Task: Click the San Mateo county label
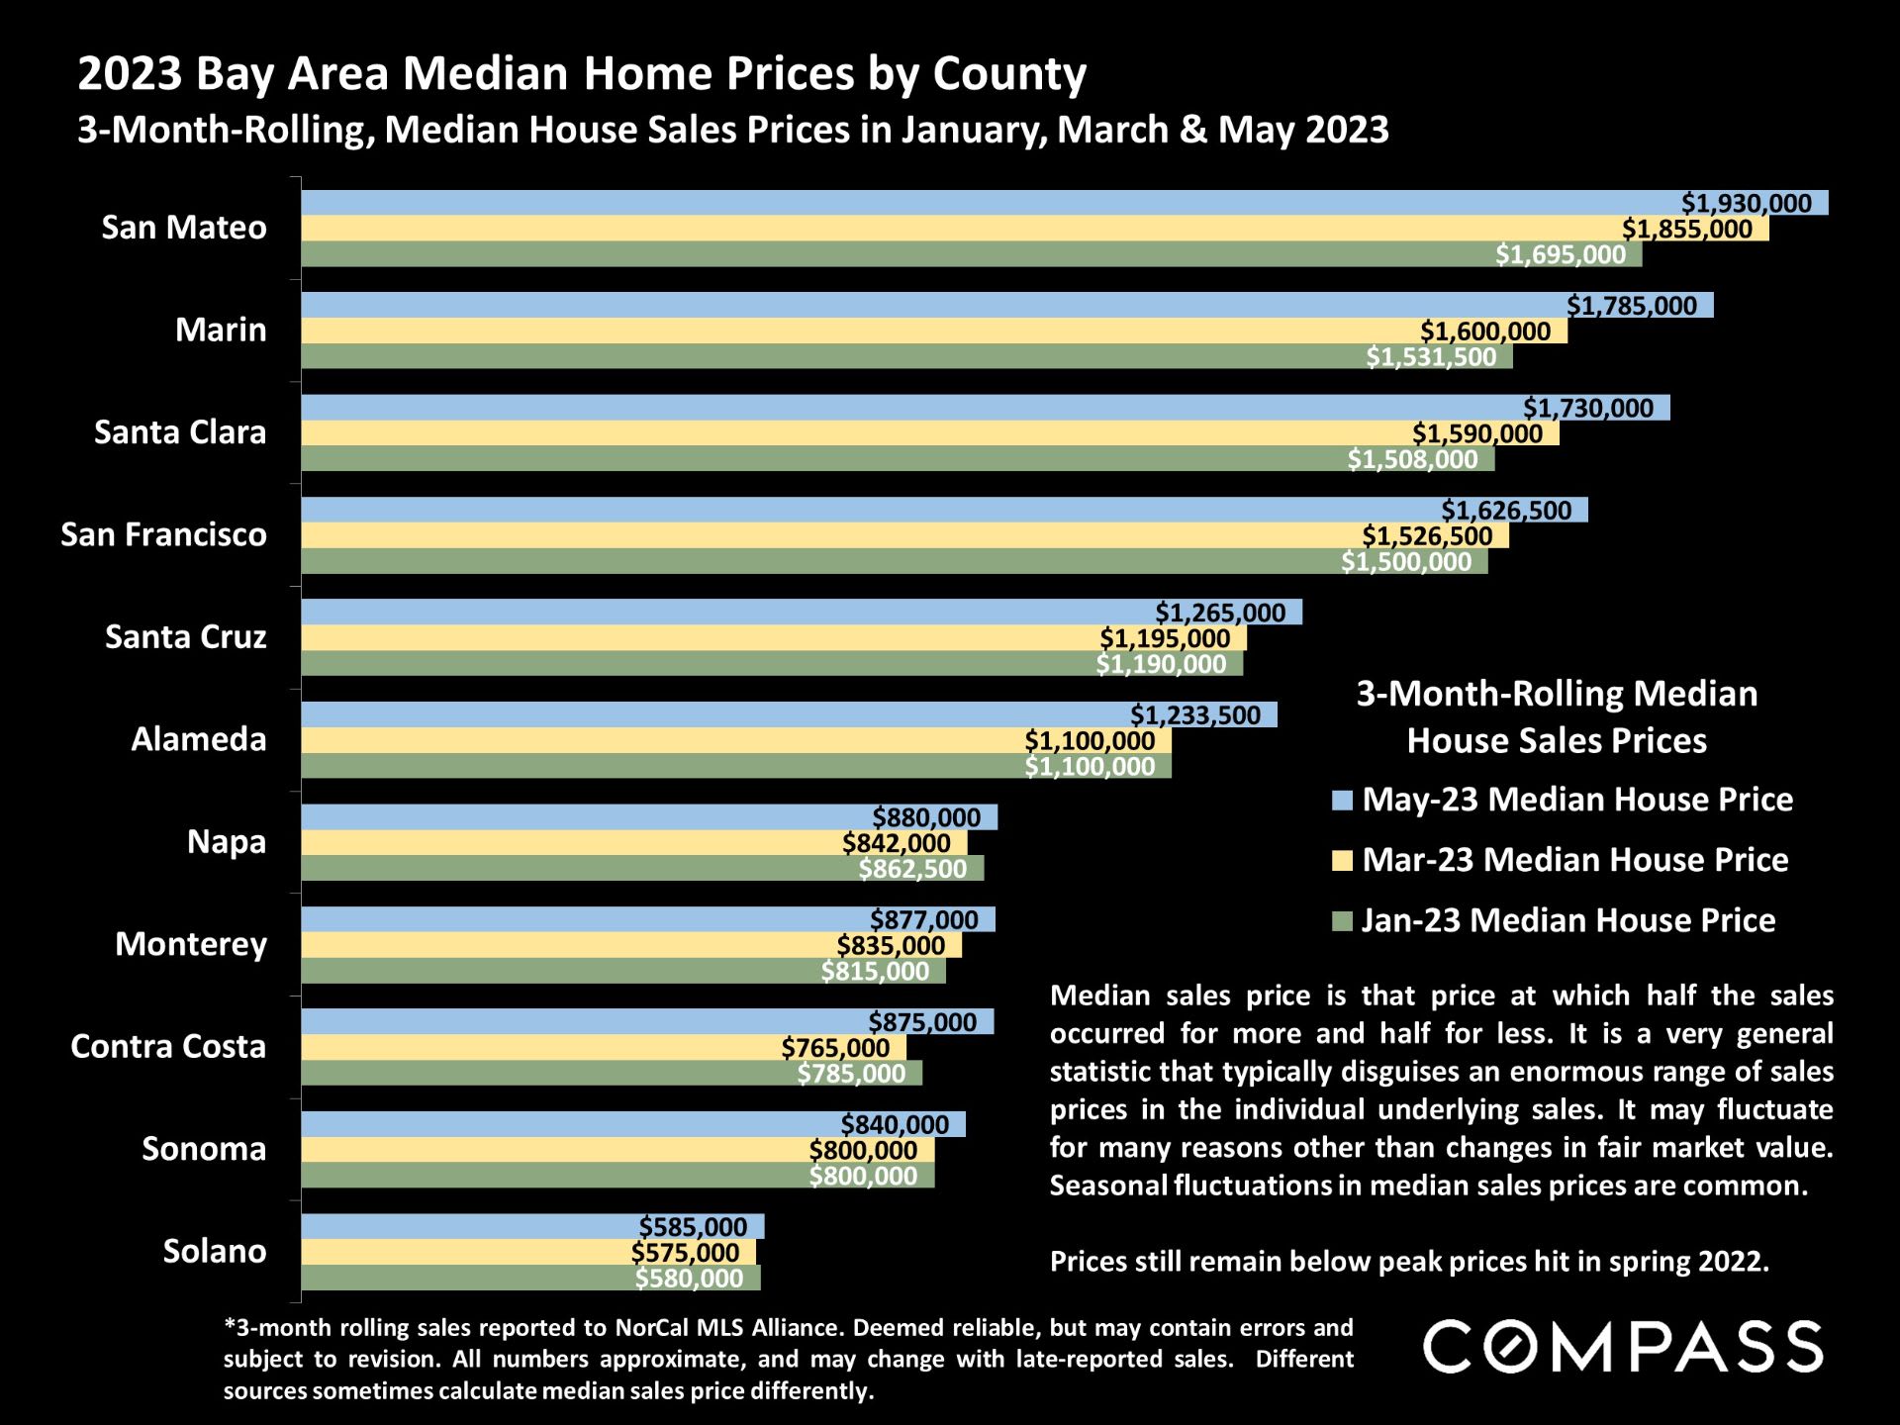pos(184,228)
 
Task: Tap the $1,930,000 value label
pos(1746,203)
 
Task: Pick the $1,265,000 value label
pos(1220,613)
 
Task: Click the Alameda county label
pos(199,739)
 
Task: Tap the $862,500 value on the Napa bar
pos(912,869)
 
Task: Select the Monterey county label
pos(191,944)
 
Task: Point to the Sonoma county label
pos(204,1149)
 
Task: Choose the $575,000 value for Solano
pos(685,1253)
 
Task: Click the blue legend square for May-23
pos(1342,801)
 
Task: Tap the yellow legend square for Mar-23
pos(1342,861)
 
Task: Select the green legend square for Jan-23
pos(1342,921)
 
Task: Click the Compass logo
pos(1622,1347)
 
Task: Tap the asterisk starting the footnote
pos(229,1325)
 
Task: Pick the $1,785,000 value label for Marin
pos(1631,306)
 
